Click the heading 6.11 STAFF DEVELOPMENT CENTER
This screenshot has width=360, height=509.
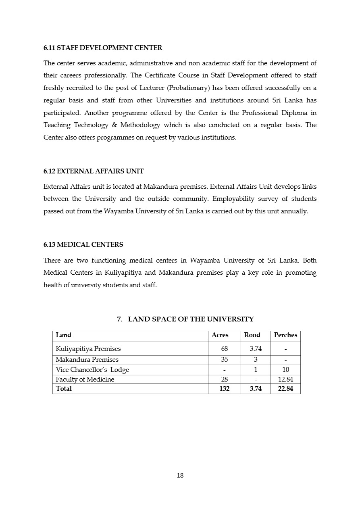pos(103,48)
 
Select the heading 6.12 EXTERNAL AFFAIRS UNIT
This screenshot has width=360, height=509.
pos(94,171)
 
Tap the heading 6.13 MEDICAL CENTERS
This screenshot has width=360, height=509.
pos(83,245)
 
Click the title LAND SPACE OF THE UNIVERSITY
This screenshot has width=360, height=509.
pos(191,319)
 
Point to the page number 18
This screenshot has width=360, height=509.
pos(180,476)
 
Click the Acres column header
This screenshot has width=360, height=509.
pos(220,335)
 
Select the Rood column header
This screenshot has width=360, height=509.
pos(252,335)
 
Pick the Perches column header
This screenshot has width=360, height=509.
pos(285,335)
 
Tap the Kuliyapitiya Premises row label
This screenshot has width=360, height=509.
pos(88,349)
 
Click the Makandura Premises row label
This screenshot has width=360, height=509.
pos(87,360)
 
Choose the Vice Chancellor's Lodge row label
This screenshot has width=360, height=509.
pos(92,370)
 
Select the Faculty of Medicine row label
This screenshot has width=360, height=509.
pos(85,380)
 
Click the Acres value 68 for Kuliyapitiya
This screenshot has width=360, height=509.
pos(225,349)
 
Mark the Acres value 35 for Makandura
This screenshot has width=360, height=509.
pos(225,360)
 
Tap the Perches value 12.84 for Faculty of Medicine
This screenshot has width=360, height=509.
pos(285,380)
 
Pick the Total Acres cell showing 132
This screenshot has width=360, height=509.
pos(224,389)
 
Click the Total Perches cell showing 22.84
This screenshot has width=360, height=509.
pos(285,389)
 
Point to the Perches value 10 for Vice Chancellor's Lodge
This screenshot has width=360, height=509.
pos(285,370)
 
